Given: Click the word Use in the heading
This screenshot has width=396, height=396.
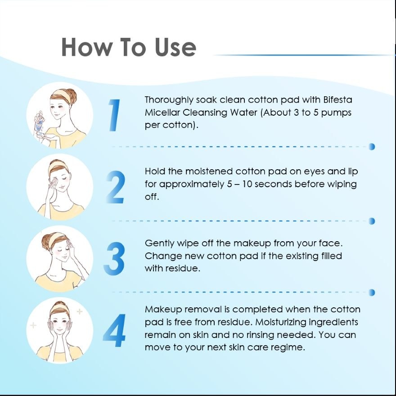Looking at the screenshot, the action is (x=175, y=47).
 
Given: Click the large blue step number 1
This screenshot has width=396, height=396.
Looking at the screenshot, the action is (x=115, y=115).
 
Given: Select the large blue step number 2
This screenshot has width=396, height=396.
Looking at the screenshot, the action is (x=116, y=187).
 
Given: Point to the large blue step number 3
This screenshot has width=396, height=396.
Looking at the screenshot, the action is (x=114, y=259).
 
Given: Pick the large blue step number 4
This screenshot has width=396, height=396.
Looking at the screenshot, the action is (x=115, y=330).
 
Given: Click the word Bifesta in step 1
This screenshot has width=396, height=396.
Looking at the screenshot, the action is (x=337, y=100).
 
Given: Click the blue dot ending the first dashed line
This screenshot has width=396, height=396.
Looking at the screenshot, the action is (x=372, y=147).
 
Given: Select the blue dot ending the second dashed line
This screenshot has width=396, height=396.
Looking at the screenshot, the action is (x=372, y=221).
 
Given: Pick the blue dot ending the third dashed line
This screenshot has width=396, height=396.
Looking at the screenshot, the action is (x=372, y=292).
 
